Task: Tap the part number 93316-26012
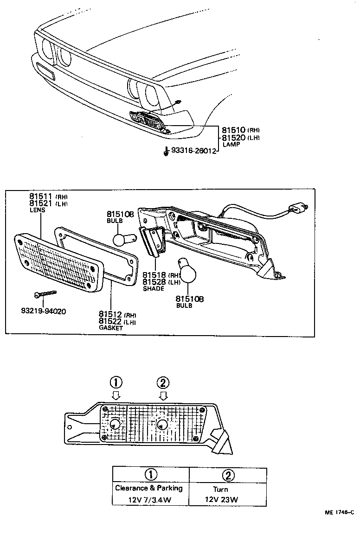pyautogui.click(x=193, y=151)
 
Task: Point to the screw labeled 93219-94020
pyautogui.click(x=45, y=294)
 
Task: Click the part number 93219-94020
pyautogui.click(x=44, y=311)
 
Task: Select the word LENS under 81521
pyautogui.click(x=38, y=210)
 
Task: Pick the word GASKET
pyautogui.click(x=110, y=327)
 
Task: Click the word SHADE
pyautogui.click(x=153, y=288)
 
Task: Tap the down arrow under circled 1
pyautogui.click(x=116, y=395)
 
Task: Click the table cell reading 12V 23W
pyautogui.click(x=221, y=499)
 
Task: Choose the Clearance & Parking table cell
pyautogui.click(x=148, y=488)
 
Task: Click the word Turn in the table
pyautogui.click(x=220, y=489)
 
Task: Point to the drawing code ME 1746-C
pyautogui.click(x=339, y=512)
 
